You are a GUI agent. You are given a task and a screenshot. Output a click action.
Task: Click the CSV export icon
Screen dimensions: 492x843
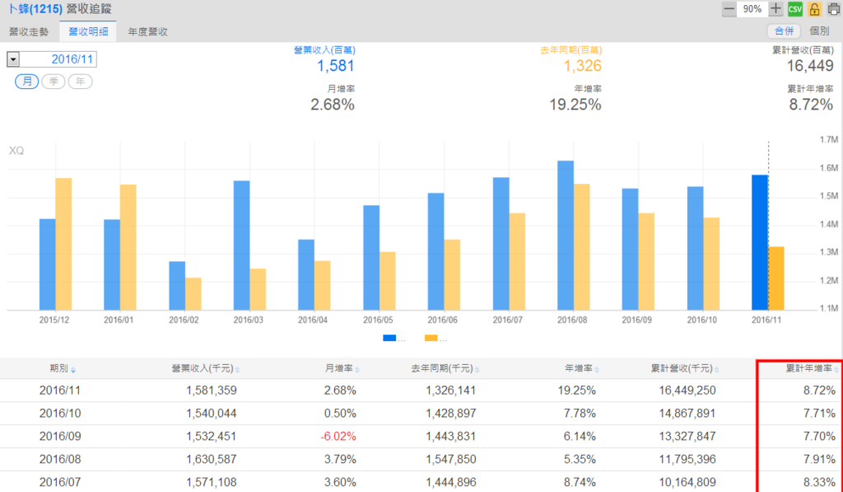(794, 9)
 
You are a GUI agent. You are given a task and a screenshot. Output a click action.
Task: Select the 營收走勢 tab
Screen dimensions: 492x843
(30, 31)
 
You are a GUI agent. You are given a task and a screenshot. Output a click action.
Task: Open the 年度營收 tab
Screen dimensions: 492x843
(148, 31)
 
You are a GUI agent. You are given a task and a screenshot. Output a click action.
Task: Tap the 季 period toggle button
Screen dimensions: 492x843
(54, 81)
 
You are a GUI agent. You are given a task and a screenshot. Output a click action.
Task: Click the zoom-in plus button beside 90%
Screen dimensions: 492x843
(775, 9)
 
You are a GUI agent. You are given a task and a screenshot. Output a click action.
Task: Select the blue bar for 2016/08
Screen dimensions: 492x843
(566, 235)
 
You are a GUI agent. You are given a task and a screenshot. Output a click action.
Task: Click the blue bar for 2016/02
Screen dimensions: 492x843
(177, 285)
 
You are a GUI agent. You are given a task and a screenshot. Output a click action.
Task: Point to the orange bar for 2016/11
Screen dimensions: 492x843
(776, 278)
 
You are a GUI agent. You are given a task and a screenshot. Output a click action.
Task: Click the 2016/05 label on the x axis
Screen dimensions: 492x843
(378, 319)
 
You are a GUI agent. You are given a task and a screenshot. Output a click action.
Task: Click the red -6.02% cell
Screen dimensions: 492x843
(339, 436)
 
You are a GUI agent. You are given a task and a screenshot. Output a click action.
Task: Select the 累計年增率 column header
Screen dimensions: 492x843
(808, 368)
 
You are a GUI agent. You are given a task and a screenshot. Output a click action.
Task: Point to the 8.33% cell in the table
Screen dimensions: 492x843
(819, 482)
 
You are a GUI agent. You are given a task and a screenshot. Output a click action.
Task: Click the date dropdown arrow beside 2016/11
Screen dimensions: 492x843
(13, 59)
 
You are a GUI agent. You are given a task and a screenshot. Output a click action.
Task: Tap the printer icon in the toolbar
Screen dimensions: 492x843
(833, 9)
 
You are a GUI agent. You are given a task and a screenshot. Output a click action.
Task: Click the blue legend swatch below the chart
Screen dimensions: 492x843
(389, 338)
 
